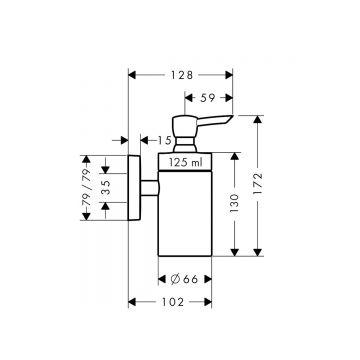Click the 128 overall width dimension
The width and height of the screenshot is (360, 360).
pyautogui.click(x=181, y=73)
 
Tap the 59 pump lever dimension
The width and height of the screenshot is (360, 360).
pyautogui.click(x=208, y=98)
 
